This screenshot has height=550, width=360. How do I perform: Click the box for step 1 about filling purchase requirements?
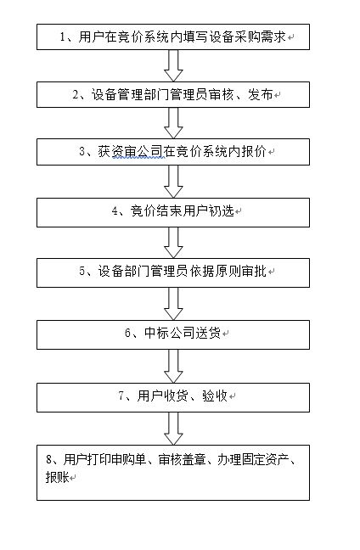[x=173, y=36]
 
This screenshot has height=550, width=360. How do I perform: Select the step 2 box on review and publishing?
[x=173, y=95]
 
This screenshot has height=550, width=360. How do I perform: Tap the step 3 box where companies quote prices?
[x=173, y=152]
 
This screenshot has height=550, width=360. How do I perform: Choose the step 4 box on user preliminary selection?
[x=173, y=212]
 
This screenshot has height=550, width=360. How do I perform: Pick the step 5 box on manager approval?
[x=173, y=273]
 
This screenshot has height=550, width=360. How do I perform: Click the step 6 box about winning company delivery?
[x=173, y=334]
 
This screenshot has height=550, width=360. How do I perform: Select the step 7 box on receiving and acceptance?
[x=173, y=397]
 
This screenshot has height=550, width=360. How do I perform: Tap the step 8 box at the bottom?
[x=173, y=473]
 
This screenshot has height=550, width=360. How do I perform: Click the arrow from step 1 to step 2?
[x=173, y=65]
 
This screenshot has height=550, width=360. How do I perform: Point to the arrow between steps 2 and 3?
[x=173, y=123]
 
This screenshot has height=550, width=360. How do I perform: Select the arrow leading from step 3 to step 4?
[x=173, y=182]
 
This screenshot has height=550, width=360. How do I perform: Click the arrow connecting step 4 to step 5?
[x=173, y=243]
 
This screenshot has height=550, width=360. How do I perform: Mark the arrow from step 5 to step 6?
[x=173, y=304]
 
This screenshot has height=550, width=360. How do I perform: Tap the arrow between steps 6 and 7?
[x=173, y=366]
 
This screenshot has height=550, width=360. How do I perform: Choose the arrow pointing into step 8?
[x=173, y=429]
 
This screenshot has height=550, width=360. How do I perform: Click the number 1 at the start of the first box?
[x=63, y=36]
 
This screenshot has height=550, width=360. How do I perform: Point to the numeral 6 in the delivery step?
[x=127, y=333]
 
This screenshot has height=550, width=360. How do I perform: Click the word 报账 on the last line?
[x=57, y=477]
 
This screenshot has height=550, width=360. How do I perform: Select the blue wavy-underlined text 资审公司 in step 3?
[x=138, y=152]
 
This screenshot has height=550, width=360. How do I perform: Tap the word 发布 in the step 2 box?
[x=261, y=95]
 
